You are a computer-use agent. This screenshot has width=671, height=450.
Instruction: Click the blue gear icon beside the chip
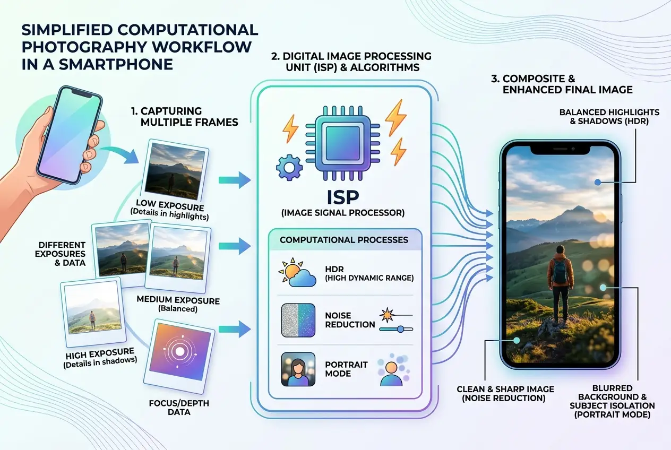pos(289,167)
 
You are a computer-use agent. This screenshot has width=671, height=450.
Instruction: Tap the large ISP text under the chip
pos(343,197)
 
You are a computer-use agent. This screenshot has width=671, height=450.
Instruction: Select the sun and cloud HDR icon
pos(297,272)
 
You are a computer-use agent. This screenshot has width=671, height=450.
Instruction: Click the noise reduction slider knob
pos(400,330)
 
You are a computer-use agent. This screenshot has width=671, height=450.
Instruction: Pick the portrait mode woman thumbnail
pos(298,369)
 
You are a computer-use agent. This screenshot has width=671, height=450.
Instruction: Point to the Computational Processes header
pos(344,240)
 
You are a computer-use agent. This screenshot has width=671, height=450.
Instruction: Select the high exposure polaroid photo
pos(93,311)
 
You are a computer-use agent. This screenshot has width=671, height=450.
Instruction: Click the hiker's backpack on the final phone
pos(560,271)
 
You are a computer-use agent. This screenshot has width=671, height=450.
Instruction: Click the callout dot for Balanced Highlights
pos(598,182)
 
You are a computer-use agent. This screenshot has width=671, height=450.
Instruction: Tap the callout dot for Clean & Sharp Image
pos(517,340)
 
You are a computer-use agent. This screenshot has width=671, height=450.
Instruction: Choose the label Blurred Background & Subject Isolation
pos(612,401)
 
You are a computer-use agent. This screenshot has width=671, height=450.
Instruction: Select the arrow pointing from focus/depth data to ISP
pos(235,329)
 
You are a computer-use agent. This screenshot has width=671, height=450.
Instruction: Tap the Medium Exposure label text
pos(178,304)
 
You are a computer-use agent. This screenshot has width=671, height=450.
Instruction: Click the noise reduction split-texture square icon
pos(298,321)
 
